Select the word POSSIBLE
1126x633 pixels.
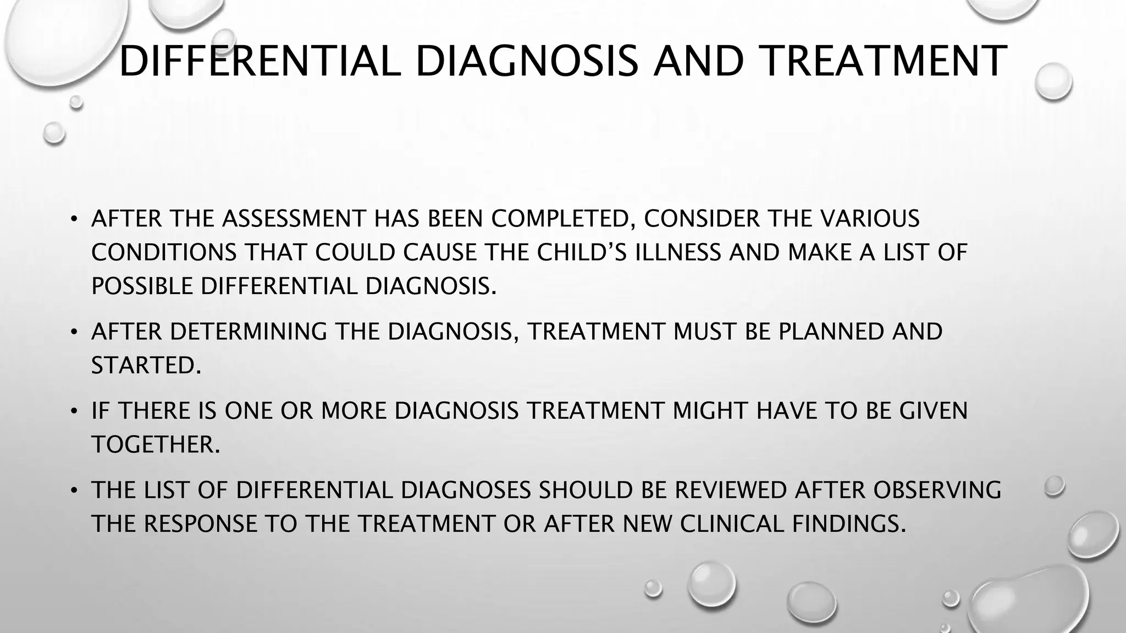142,286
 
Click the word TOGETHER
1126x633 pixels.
156,445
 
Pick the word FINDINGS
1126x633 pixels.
848,524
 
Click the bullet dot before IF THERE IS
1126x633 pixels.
73,411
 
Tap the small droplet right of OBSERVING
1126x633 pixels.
1054,486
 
